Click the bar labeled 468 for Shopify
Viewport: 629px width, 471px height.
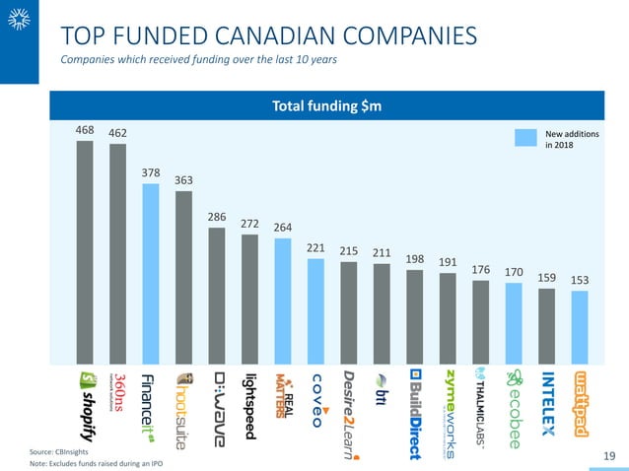(85, 251)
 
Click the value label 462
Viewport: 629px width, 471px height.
(117, 132)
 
